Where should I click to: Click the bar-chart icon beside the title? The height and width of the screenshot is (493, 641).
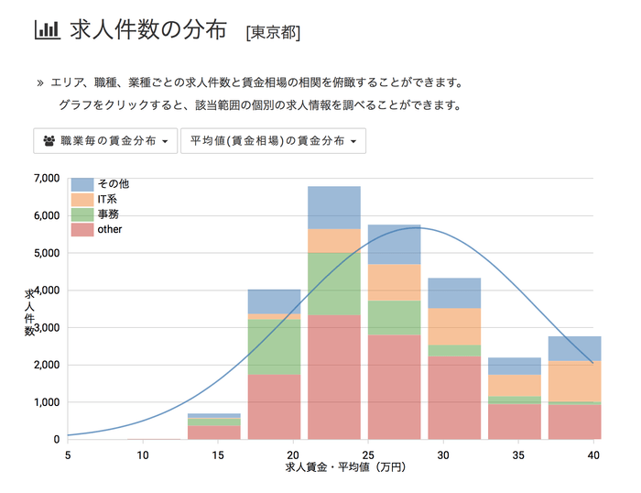pos(46,29)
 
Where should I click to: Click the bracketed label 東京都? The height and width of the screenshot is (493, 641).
pos(273,32)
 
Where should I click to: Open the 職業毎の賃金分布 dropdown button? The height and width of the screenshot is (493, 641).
pos(104,141)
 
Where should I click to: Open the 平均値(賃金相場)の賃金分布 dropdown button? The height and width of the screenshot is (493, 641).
pos(273,141)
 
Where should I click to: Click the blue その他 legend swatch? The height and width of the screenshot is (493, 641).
pos(82,184)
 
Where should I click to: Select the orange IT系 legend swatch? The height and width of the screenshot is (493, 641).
pos(82,199)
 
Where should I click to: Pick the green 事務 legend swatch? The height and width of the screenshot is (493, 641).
pos(82,214)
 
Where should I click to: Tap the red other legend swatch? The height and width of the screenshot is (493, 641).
pos(82,228)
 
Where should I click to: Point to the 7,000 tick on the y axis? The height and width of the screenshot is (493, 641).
pos(45,178)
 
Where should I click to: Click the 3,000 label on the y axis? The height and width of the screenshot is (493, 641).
pos(45,328)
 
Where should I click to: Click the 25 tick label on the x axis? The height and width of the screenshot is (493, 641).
pos(368,454)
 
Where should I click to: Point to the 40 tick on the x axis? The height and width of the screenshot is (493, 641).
pos(593,454)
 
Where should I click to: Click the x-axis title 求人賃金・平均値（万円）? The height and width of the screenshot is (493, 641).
pos(345,467)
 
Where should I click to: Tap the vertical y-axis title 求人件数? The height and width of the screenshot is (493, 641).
pos(29,312)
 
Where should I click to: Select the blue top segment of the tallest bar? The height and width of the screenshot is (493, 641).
pos(334,207)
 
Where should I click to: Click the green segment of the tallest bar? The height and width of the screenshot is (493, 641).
pos(334,283)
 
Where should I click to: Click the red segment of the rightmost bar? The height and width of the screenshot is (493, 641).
pos(574,422)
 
